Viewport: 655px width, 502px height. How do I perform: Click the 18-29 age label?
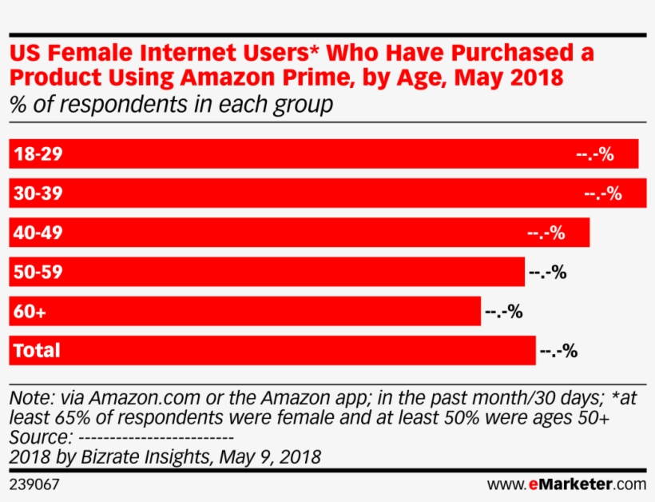coord(38,154)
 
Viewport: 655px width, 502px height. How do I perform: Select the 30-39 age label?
coord(38,193)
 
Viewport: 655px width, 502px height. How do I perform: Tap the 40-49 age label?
coord(38,233)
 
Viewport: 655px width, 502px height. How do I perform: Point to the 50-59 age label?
coord(38,272)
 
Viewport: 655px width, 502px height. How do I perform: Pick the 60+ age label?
coord(30,312)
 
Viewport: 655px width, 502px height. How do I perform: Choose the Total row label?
coord(37,350)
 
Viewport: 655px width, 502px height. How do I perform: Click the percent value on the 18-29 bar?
coord(594,154)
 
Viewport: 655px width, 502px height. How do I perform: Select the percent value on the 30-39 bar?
coord(602,193)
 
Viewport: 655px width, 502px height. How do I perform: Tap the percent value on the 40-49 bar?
coord(546,233)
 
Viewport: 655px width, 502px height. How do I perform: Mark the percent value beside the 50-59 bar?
coord(547,272)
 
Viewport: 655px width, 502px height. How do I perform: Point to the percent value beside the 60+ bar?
coord(503,312)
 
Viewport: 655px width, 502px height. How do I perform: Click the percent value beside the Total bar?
coord(558,350)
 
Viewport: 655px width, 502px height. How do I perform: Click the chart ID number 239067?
coord(34,484)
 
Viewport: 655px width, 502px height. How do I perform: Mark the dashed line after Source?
coord(157,438)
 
